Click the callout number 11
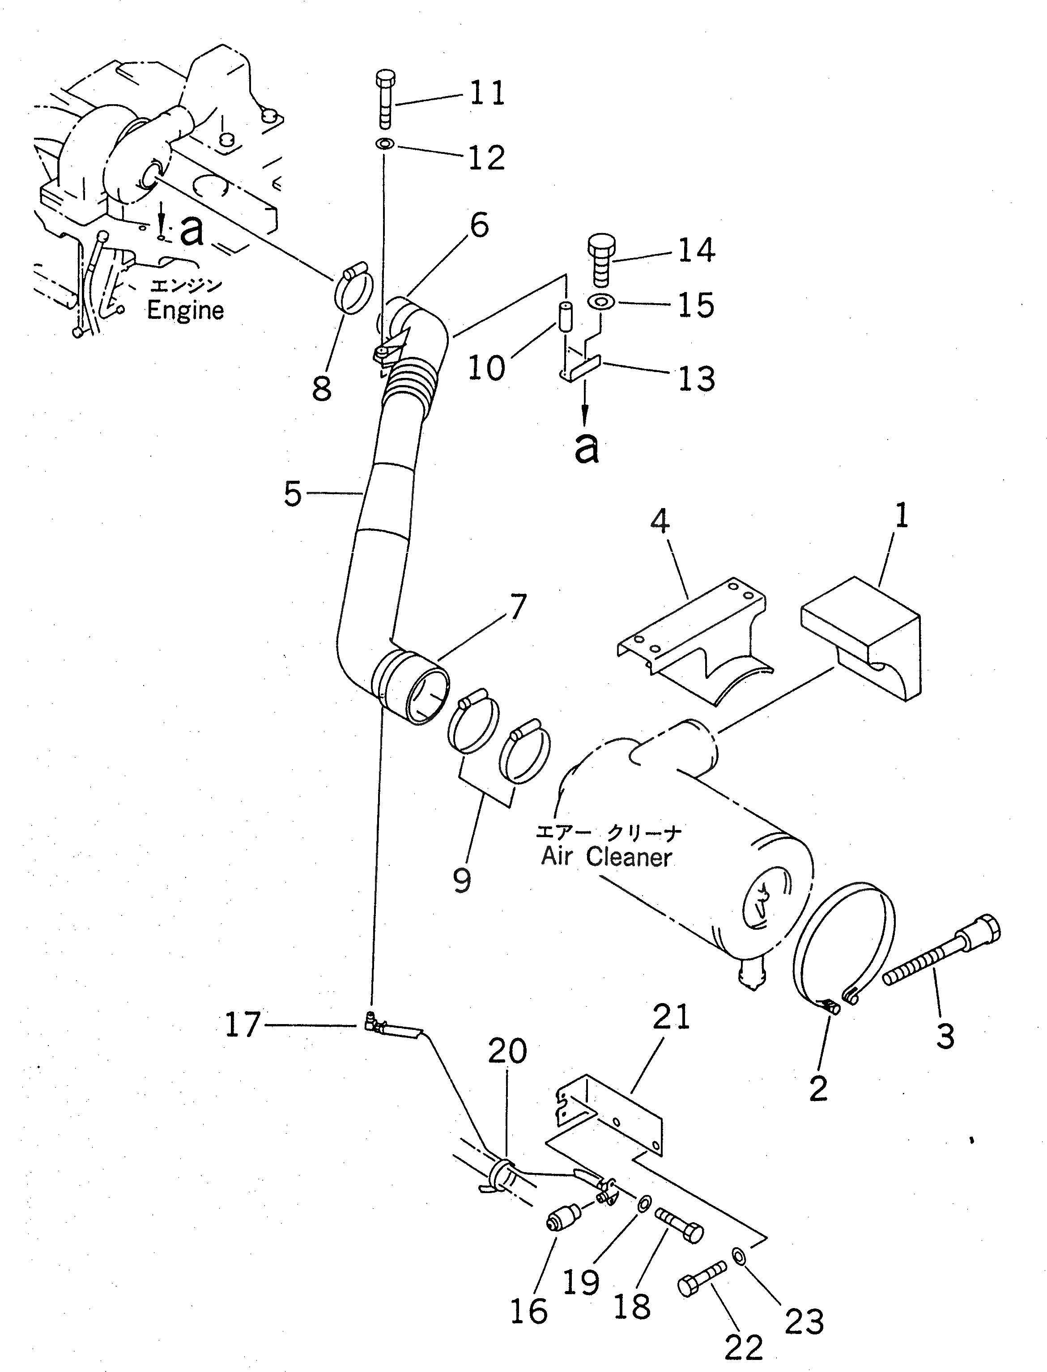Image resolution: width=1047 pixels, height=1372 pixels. (x=487, y=94)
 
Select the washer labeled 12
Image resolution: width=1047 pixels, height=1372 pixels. (x=384, y=144)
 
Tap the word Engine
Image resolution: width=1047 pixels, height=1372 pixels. (x=185, y=310)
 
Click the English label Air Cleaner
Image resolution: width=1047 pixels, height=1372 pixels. (x=606, y=857)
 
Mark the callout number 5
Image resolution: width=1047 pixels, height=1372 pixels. (x=292, y=493)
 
